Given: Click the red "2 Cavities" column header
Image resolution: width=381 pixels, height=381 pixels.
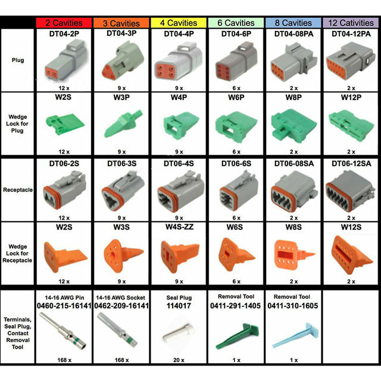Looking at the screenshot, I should coord(64,23).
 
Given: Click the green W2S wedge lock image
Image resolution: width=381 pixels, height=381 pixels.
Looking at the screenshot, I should coord(64,124).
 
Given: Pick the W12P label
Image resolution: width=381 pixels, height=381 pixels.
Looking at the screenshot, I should coord(351,96).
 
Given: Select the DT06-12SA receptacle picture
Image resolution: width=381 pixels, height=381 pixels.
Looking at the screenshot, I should coord(351,190).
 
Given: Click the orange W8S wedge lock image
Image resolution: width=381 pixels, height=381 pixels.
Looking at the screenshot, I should coord(293,255).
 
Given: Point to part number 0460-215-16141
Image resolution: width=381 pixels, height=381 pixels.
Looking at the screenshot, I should coord(64,305).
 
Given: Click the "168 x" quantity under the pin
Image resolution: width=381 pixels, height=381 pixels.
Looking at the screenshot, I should coord(64,360).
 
